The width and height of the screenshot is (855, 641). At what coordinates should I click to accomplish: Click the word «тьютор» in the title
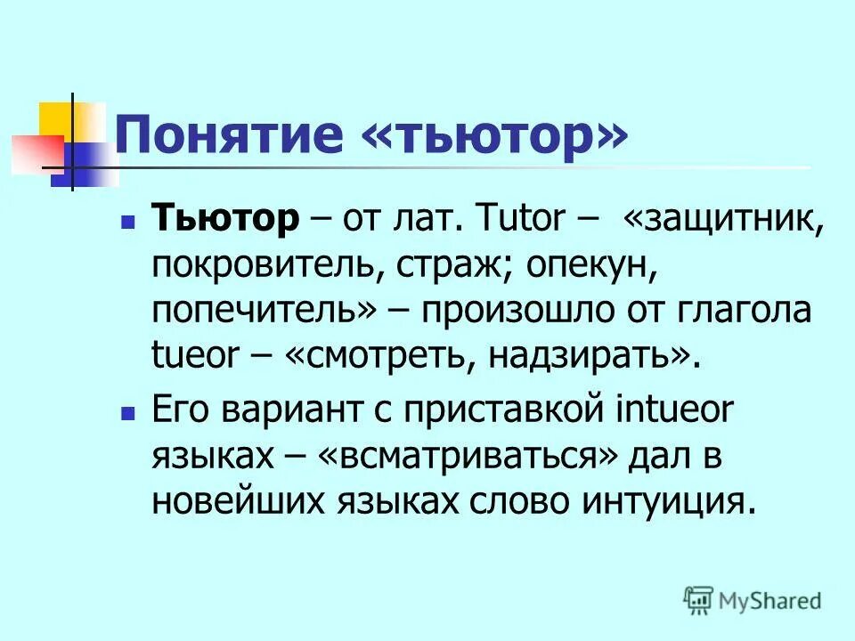pyautogui.click(x=495, y=136)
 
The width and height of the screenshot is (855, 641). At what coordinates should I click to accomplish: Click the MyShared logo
pyautogui.click(x=752, y=600)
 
